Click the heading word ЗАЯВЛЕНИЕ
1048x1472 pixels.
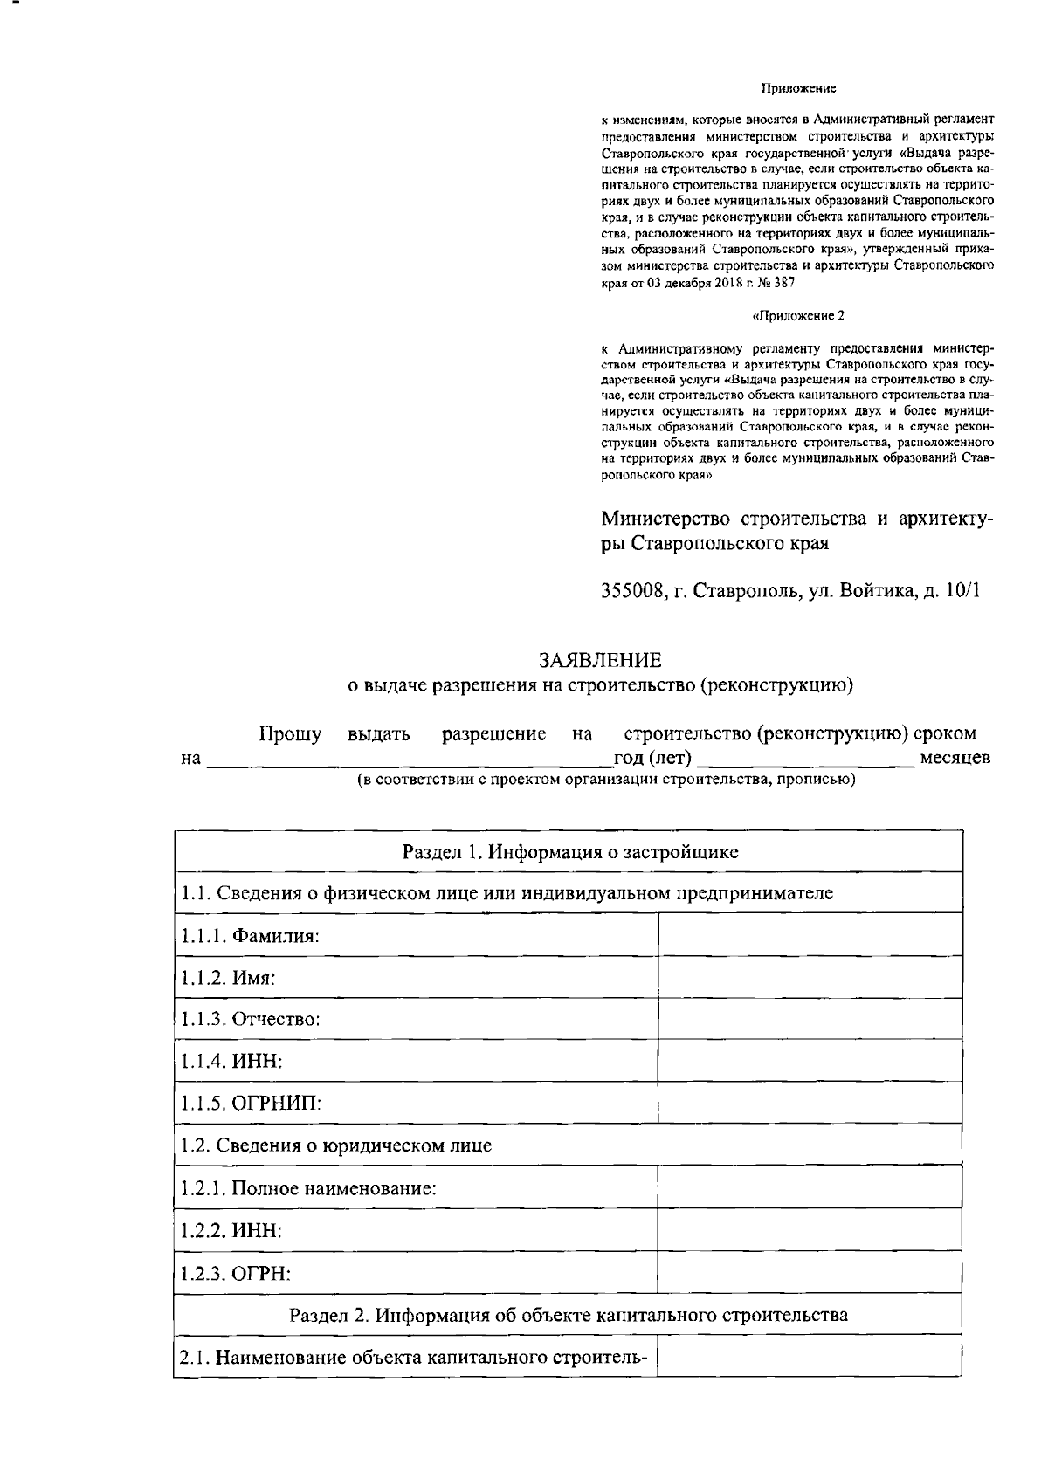[600, 659]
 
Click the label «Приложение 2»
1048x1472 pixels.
[797, 315]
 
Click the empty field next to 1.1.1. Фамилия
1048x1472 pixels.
[809, 935]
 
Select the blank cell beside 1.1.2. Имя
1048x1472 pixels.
[809, 977]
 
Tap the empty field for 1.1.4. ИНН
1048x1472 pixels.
[809, 1061]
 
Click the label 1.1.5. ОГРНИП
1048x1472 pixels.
[251, 1103]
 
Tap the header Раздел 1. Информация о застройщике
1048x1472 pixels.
[569, 851]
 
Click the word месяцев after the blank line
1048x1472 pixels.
[955, 757]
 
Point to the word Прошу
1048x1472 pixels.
[290, 733]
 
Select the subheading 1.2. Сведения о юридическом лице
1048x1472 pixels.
[336, 1145]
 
